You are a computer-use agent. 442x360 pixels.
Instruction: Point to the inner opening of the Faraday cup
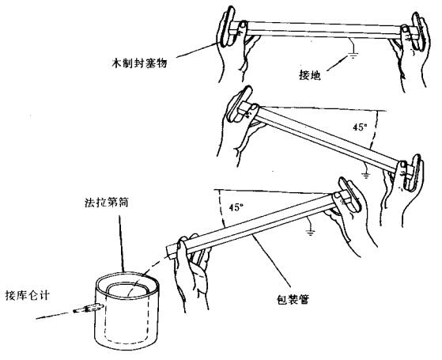pyautogui.click(x=128, y=290)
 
